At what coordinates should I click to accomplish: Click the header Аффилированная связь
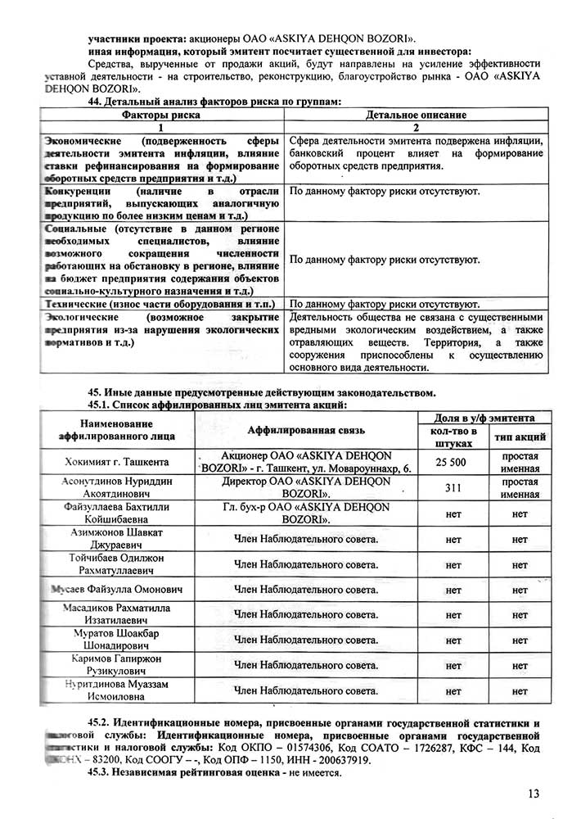306,430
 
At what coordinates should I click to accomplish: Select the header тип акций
519,437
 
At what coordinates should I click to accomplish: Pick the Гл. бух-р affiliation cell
306,514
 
